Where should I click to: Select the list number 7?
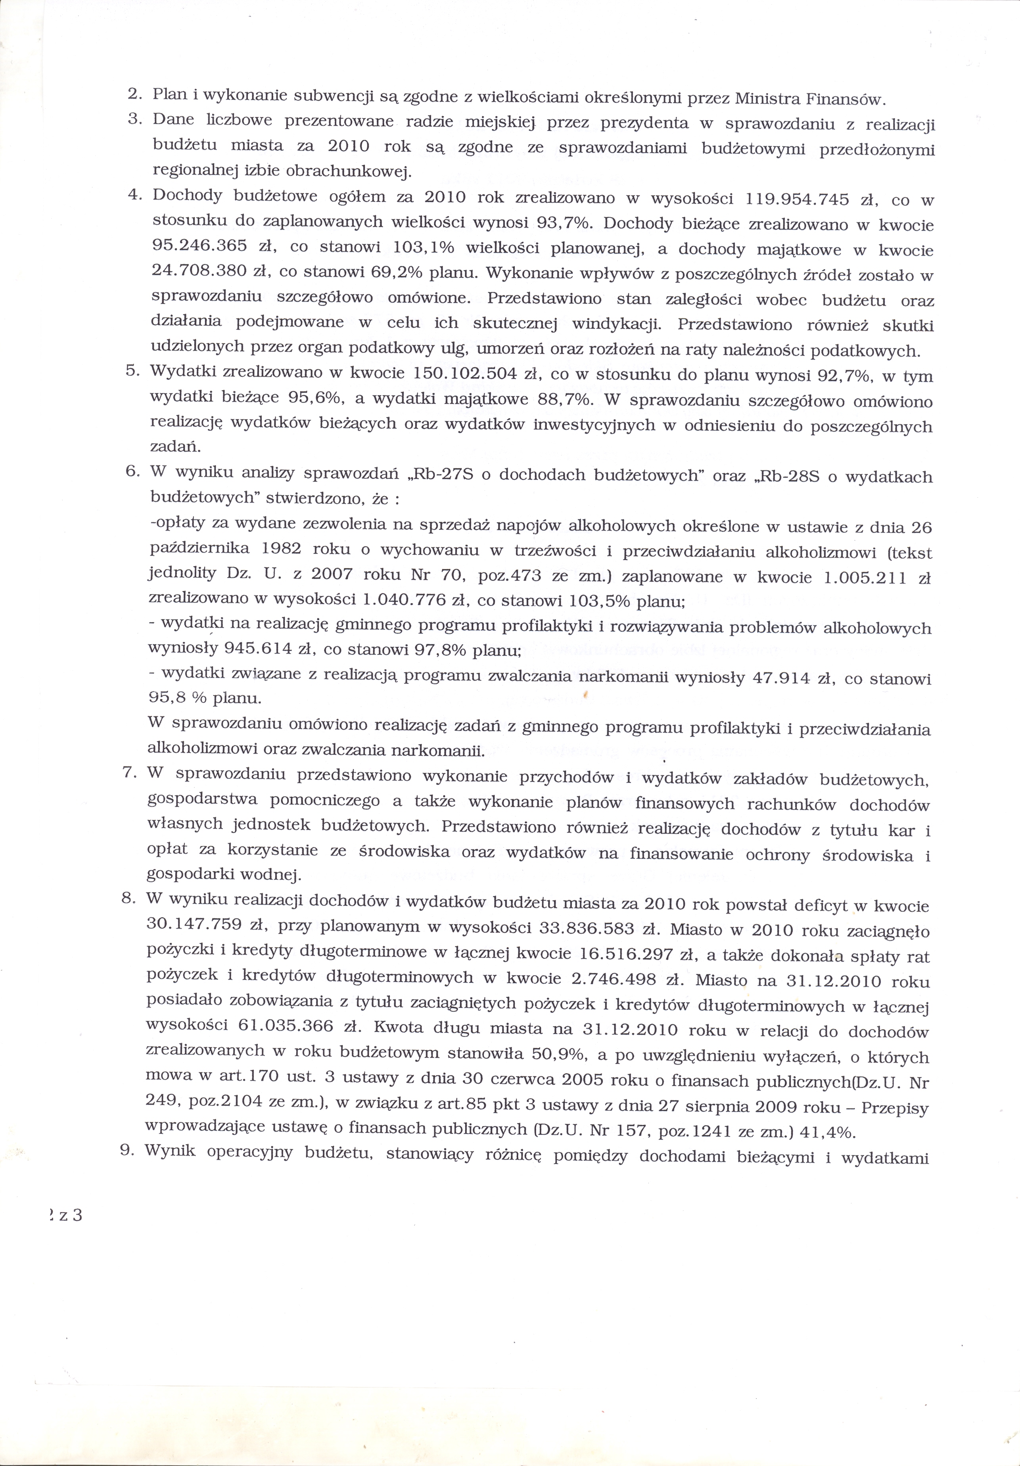127,771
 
